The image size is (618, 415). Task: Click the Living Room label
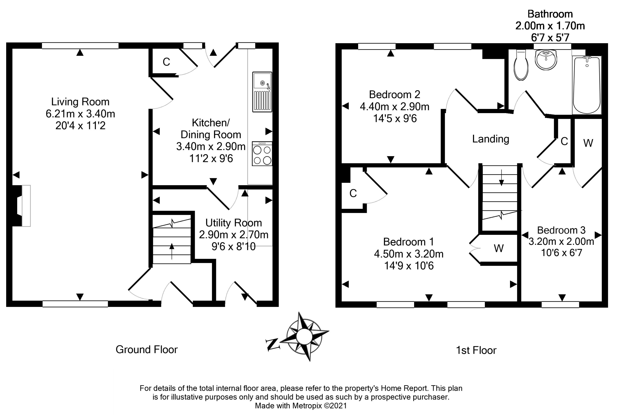[x=80, y=102]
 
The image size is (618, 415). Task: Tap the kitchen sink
[x=262, y=92]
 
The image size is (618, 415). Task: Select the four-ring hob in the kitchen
[x=262, y=154]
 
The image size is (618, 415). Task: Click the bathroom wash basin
[x=546, y=60]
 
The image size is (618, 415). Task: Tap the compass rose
[x=304, y=336]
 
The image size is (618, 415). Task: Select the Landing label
[x=490, y=139]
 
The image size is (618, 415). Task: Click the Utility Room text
[x=234, y=223]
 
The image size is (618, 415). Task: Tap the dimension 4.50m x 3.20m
[x=409, y=254]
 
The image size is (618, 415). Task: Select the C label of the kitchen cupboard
[x=166, y=62]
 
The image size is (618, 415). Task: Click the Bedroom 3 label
[x=561, y=230]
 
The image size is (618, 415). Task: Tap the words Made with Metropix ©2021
[x=301, y=406]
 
